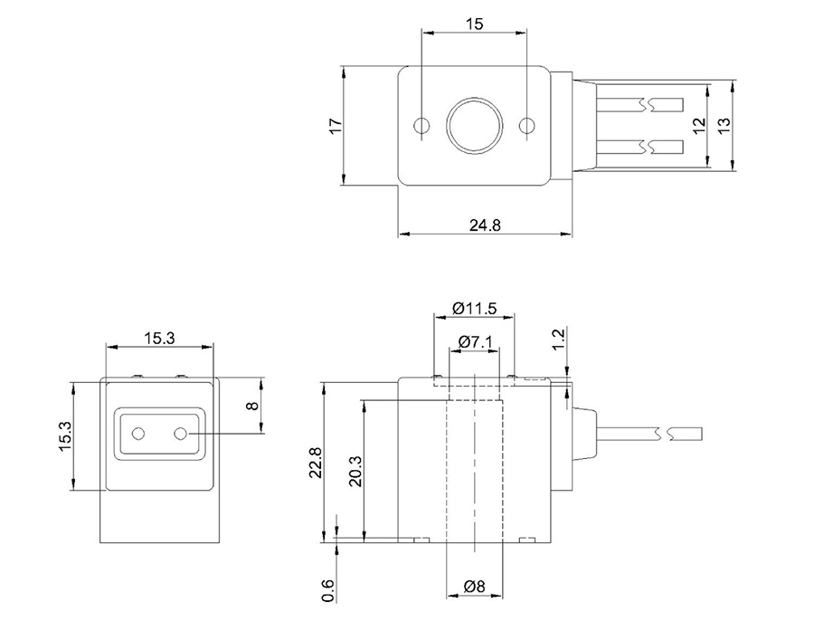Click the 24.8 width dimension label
tap(485, 225)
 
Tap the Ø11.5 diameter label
tap(474, 308)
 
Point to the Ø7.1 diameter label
tap(474, 341)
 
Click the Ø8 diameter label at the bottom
tap(474, 587)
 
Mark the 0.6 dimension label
tap(328, 590)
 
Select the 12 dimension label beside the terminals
tap(697, 126)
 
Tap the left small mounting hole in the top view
tap(421, 125)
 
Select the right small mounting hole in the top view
tap(526, 125)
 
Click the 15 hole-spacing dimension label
tap(474, 24)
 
